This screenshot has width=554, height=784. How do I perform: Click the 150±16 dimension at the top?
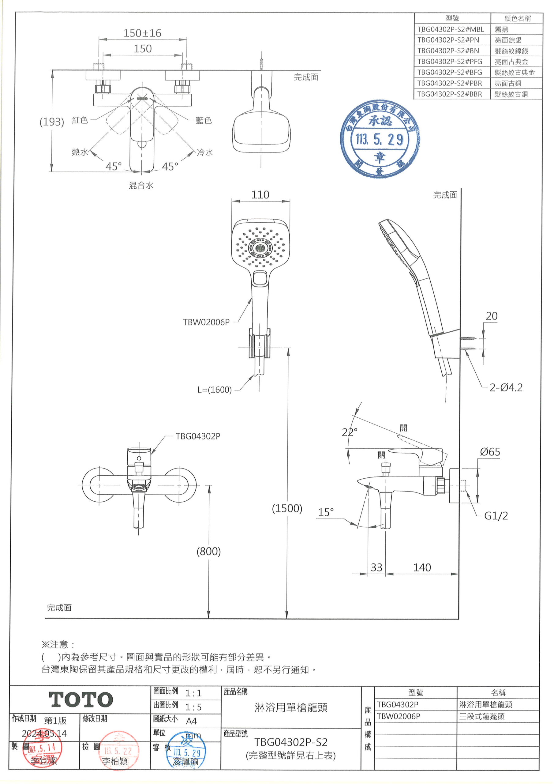(x=142, y=33)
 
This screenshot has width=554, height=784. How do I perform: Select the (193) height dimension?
(x=52, y=122)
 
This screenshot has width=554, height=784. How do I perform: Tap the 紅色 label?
(x=80, y=120)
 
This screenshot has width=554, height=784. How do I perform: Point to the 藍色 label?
(x=204, y=120)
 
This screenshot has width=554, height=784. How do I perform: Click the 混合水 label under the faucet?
(x=141, y=185)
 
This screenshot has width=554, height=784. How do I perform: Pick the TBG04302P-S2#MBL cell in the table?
(x=451, y=29)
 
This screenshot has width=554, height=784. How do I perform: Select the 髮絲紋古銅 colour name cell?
(x=511, y=94)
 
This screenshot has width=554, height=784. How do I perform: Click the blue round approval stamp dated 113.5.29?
(x=380, y=139)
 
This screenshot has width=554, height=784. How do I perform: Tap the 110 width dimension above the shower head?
(x=260, y=195)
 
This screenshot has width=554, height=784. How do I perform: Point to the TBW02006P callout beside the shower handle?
(x=206, y=322)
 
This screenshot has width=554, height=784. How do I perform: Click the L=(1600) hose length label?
(x=214, y=390)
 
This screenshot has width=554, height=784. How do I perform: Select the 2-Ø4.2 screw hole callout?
(x=506, y=388)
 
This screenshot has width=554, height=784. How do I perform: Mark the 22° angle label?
(x=350, y=432)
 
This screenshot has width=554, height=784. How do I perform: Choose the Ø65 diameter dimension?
(x=490, y=452)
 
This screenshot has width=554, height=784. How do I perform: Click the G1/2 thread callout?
(x=496, y=516)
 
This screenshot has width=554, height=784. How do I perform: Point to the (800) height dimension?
(x=208, y=552)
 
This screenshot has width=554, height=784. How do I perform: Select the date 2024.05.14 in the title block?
(x=44, y=733)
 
